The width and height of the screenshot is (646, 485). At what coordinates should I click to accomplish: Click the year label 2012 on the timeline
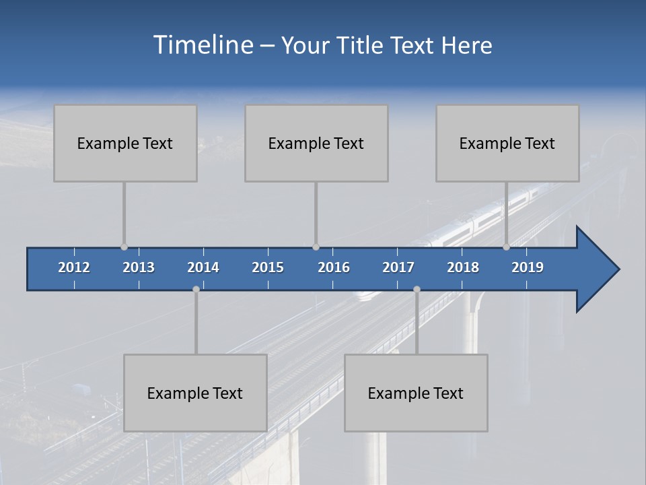pyautogui.click(x=74, y=267)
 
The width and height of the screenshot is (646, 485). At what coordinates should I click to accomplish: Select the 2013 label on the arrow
pyautogui.click(x=139, y=267)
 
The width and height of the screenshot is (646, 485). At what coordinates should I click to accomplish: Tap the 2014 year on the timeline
pyautogui.click(x=203, y=267)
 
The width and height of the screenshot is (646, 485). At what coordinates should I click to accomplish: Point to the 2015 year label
pyautogui.click(x=268, y=267)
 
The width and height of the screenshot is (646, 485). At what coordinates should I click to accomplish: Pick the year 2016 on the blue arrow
pyautogui.click(x=334, y=267)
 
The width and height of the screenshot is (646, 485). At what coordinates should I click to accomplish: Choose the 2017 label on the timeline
pyautogui.click(x=398, y=267)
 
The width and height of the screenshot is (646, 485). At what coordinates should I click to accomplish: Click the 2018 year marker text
pyautogui.click(x=463, y=267)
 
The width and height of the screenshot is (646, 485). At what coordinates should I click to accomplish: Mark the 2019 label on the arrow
pyautogui.click(x=528, y=267)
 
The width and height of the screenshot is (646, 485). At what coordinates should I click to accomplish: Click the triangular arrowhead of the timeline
pyautogui.click(x=596, y=269)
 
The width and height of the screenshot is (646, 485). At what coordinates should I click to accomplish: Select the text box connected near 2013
pyautogui.click(x=125, y=143)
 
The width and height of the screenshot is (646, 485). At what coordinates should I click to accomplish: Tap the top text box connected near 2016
pyautogui.click(x=316, y=143)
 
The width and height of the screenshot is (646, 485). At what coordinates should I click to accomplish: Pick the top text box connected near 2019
pyautogui.click(x=507, y=143)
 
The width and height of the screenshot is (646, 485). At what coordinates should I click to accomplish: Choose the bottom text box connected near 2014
pyautogui.click(x=195, y=393)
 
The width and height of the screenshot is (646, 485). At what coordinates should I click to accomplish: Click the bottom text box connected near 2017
pyautogui.click(x=416, y=393)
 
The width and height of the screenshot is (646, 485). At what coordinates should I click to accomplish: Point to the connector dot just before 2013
pyautogui.click(x=124, y=247)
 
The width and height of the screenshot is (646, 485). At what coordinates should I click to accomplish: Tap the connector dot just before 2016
pyautogui.click(x=316, y=247)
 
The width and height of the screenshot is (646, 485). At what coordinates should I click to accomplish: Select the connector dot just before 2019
pyautogui.click(x=506, y=247)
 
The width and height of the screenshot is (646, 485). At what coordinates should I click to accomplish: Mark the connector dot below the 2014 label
pyautogui.click(x=196, y=290)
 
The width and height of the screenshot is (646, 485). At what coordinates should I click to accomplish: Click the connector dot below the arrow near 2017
pyautogui.click(x=417, y=290)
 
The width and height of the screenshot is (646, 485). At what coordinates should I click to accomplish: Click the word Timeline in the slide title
pyautogui.click(x=203, y=44)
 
